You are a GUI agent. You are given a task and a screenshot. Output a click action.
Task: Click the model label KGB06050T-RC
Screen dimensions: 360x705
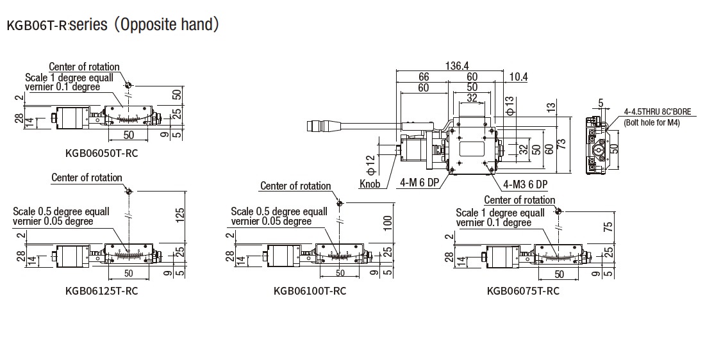tap(102, 153)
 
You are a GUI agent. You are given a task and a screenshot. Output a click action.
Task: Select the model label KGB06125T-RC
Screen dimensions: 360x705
tap(102, 291)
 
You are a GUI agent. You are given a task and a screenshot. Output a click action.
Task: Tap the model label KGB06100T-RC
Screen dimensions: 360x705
tap(310, 291)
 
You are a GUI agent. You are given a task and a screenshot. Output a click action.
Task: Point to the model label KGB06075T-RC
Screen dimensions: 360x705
tap(523, 291)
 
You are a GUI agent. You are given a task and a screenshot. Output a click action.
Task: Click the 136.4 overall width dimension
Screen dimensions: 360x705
tap(456, 65)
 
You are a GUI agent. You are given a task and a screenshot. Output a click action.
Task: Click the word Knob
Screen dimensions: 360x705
tap(370, 184)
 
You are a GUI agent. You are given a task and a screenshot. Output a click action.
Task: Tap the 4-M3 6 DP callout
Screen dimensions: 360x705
tap(525, 184)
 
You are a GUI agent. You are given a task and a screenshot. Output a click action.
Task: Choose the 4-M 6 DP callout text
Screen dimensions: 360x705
tap(420, 183)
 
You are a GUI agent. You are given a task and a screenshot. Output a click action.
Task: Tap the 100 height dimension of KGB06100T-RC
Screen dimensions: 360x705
tap(388, 222)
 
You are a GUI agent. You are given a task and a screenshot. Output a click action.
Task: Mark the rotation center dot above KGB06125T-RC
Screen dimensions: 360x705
tap(129, 191)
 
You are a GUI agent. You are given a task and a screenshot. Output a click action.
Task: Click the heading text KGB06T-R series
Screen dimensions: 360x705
tap(113, 25)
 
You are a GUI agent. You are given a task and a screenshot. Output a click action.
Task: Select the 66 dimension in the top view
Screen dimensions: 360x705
tap(424, 77)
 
